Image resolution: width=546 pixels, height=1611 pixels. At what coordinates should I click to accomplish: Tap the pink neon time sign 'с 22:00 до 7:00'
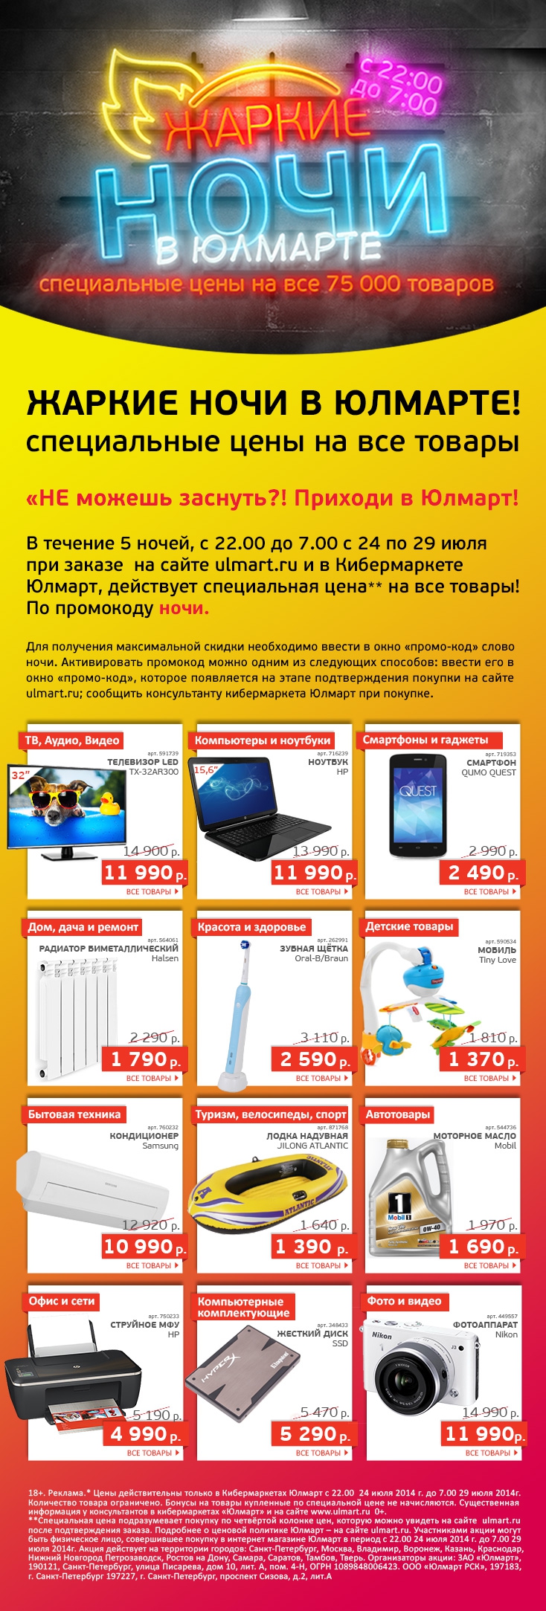pos(401,88)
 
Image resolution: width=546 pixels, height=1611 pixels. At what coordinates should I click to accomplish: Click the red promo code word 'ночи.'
pos(184,608)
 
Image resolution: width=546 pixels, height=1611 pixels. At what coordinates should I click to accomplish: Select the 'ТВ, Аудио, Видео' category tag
pos(71,740)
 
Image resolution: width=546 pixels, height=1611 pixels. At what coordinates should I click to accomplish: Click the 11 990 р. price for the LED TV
pos(144,873)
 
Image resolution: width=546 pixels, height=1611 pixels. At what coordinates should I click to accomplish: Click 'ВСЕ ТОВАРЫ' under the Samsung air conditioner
pos(152,1265)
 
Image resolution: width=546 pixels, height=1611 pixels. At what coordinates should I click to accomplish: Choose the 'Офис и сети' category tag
pos(62,1301)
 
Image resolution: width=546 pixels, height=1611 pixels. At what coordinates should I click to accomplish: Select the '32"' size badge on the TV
pos(19,775)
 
